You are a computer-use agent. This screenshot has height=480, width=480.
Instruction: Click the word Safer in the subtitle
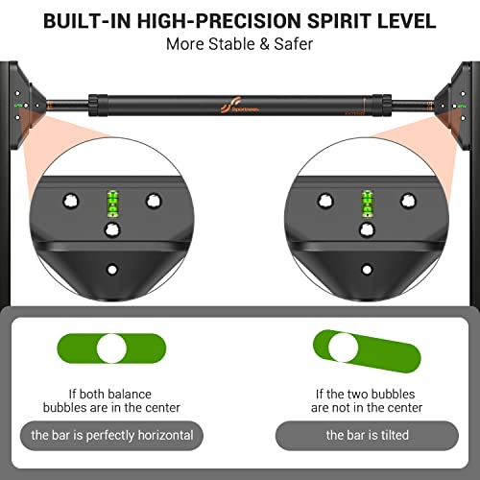pos(293,43)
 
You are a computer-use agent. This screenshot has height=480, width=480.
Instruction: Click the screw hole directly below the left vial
pos(111,230)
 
